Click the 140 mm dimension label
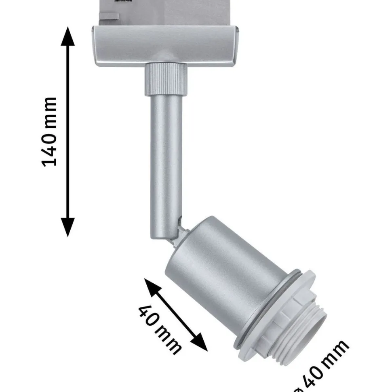click(49, 132)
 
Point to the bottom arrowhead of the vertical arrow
click(68, 227)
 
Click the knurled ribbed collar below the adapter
click(166, 79)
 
